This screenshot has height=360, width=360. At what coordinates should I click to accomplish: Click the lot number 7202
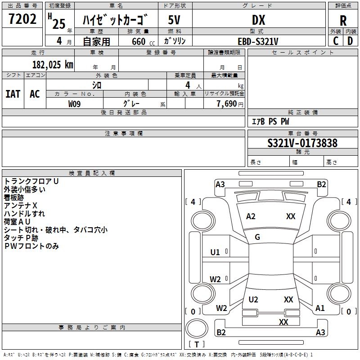coord(23,19)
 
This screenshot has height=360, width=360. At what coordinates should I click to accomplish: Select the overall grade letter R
coord(343,21)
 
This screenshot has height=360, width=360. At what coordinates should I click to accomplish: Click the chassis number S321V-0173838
coord(302,143)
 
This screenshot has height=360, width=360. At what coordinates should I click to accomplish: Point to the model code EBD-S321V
coord(258,41)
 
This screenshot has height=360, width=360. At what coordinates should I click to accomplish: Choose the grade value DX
coord(258,20)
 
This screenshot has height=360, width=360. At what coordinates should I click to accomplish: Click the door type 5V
coord(175,20)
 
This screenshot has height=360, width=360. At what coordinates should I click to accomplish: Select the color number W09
coord(75,103)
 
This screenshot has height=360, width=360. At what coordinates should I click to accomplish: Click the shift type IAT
coord(13,94)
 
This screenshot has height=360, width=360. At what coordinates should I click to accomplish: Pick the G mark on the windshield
coord(257,237)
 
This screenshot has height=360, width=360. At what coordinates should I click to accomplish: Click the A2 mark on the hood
coord(251,216)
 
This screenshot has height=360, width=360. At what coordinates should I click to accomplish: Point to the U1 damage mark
coord(215,252)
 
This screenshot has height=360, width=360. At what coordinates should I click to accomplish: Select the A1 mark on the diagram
coord(320,308)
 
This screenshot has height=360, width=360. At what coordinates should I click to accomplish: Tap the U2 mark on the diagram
coord(253,300)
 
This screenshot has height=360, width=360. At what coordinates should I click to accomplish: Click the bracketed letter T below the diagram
coord(197,344)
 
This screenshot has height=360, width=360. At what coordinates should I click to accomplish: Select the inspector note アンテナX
coord(21,206)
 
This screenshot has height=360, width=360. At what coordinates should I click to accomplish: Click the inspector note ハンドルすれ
coord(24,214)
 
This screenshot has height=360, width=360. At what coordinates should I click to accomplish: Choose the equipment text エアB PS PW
coord(270,121)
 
